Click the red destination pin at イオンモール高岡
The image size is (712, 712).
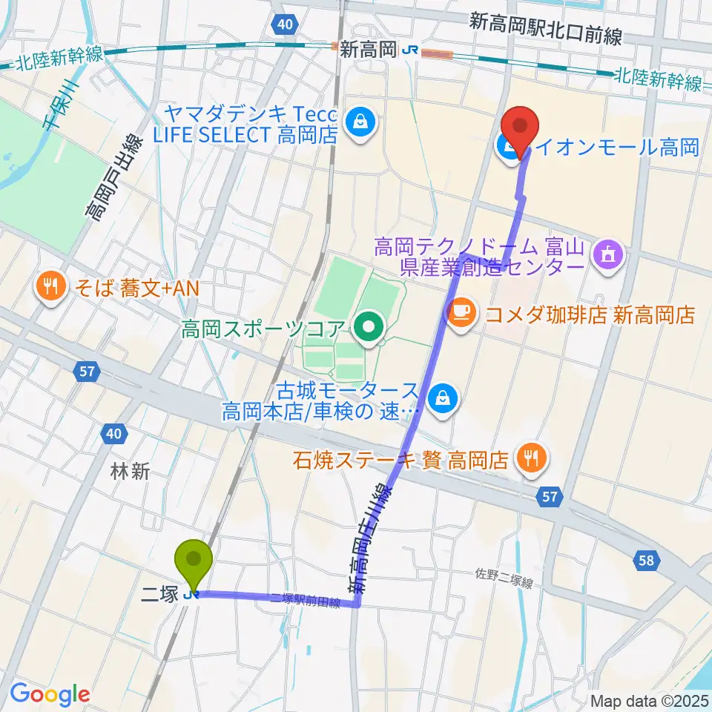(521, 126)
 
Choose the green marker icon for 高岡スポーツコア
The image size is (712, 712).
(369, 326)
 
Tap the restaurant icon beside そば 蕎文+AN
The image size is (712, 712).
(50, 287)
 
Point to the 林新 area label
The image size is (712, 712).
(131, 471)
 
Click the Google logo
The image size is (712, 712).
(50, 693)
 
